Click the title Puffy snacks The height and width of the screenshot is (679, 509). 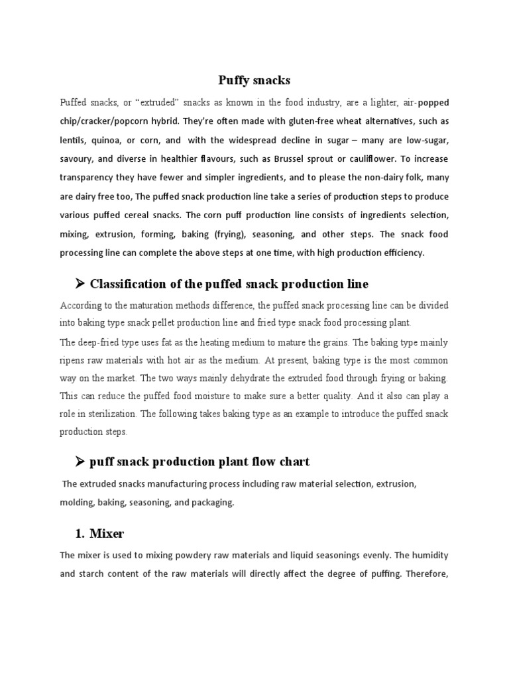[x=254, y=80]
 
